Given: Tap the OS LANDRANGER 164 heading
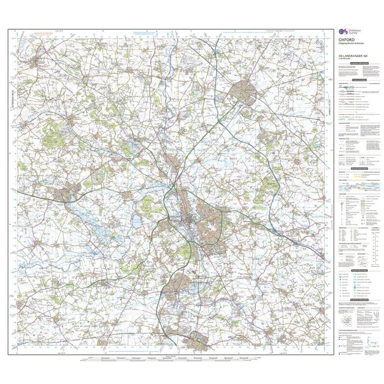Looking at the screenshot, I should (352, 56).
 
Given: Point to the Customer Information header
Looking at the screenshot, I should (359, 63).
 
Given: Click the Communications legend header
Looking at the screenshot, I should (359, 80).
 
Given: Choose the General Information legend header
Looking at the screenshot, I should (359, 168).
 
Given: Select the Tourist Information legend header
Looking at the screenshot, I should (359, 270).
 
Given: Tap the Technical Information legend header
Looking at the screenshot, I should (359, 300).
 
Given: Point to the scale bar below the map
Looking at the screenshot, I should (167, 358).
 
